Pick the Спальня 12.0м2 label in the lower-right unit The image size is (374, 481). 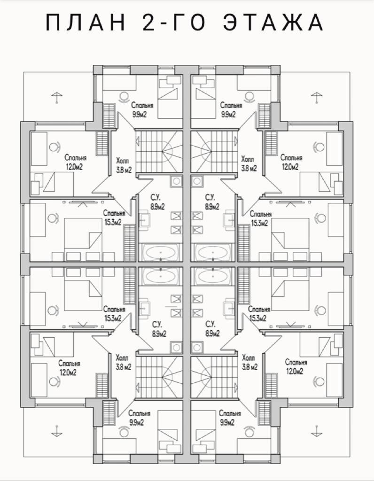296,366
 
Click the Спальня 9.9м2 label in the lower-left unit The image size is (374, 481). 140,418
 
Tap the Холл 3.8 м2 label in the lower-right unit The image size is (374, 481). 249,362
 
